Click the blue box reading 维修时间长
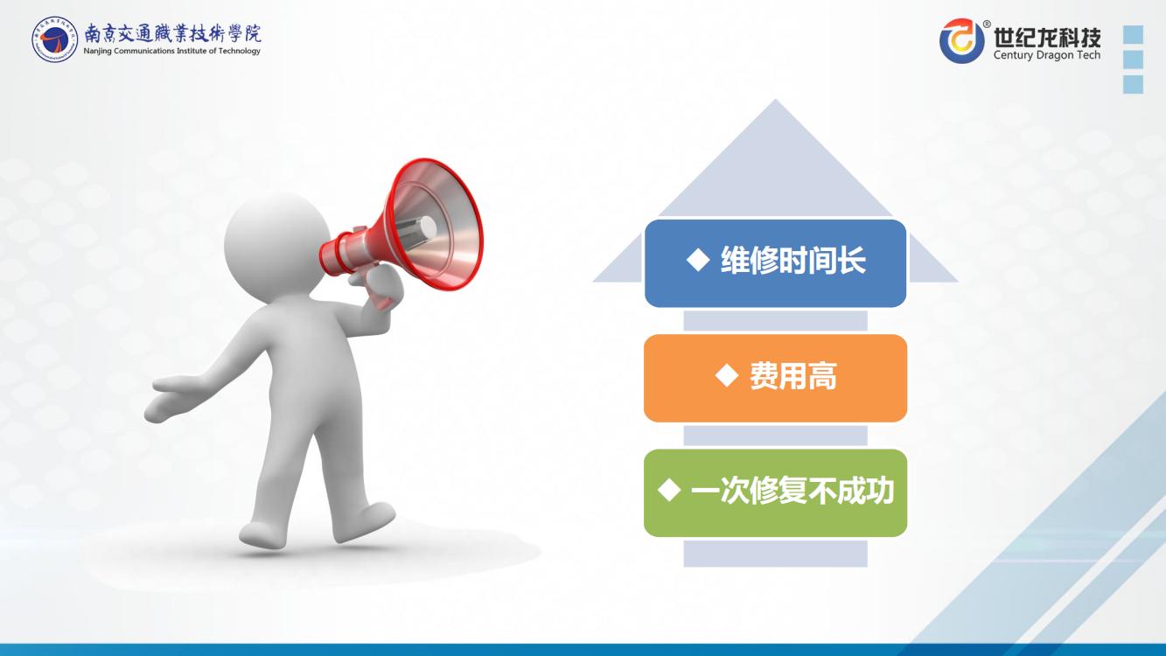point(775,263)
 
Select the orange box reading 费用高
point(775,378)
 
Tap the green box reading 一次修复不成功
point(775,492)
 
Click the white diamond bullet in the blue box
point(698,259)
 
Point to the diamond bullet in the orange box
point(727,375)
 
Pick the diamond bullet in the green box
point(669,490)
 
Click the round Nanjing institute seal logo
point(54,39)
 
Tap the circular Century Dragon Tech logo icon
point(961,40)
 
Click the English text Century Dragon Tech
point(1047,54)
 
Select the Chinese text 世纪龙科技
point(1047,37)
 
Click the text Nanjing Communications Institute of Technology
point(171,51)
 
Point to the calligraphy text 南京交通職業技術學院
point(173,33)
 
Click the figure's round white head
point(277,248)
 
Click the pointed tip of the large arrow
point(776,99)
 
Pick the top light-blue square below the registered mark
point(1134,35)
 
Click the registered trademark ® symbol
point(987,24)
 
